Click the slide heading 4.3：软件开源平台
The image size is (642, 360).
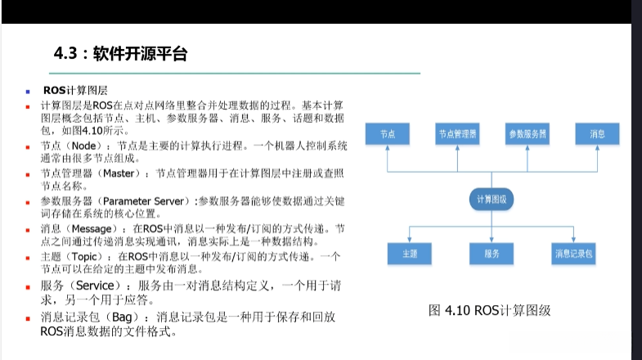[x=120, y=54]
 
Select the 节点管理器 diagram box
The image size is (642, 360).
[x=458, y=133]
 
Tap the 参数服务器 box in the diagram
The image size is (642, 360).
[x=527, y=133]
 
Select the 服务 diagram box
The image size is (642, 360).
[x=492, y=254]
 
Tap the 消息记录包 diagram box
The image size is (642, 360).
[x=573, y=254]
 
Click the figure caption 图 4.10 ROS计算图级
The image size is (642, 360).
[x=490, y=310]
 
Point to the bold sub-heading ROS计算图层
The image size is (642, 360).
[x=76, y=90]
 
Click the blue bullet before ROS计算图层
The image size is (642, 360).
[x=27, y=91]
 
